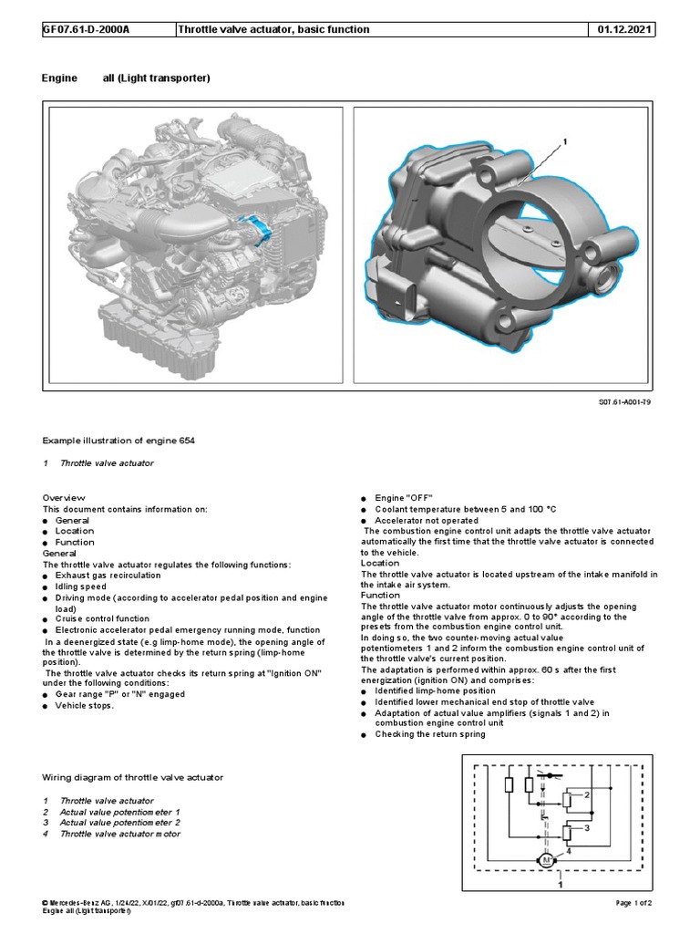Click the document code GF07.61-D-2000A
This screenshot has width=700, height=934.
point(87,29)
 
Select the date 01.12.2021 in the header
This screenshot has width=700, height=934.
point(625,29)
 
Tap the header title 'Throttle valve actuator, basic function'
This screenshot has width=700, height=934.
point(273,29)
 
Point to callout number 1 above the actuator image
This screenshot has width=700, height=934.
point(564,142)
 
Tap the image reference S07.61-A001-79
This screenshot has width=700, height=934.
point(624,402)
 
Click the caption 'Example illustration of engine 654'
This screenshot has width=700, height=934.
point(118,441)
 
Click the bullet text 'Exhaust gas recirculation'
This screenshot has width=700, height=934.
point(108,576)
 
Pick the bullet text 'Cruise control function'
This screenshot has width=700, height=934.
point(102,618)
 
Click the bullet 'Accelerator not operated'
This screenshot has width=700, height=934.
point(431,520)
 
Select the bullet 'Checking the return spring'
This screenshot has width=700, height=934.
point(430,734)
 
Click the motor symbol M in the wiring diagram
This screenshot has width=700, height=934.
point(548,860)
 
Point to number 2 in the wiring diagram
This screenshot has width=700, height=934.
point(588,794)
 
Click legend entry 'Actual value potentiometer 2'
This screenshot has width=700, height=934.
point(119,822)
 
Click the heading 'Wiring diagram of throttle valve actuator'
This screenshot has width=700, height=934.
point(133,777)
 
